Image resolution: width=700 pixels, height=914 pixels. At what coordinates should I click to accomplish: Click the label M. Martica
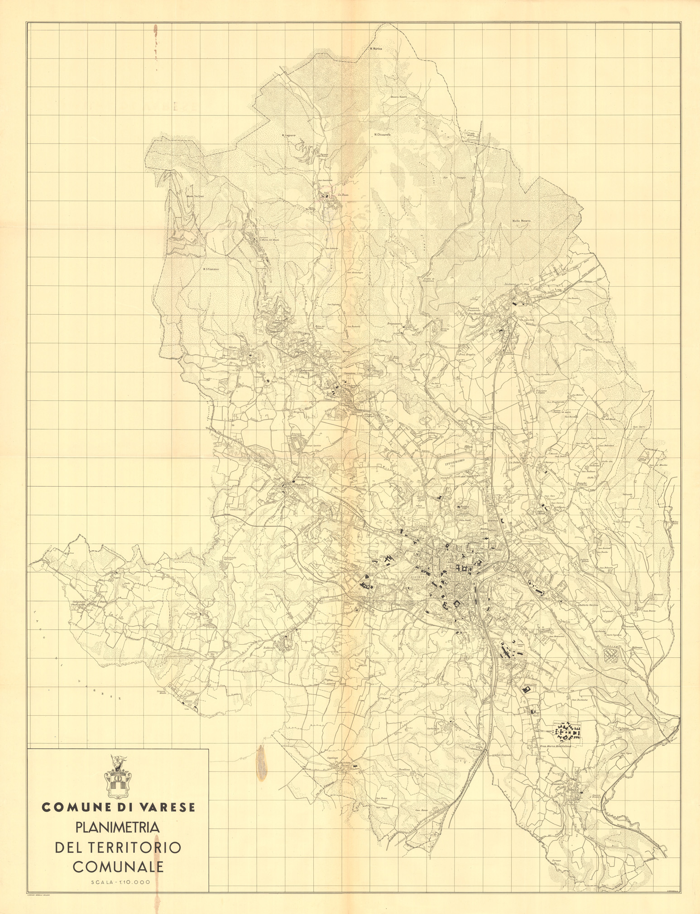coord(376,48)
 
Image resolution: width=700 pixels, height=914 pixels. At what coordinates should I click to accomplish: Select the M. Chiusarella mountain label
coord(383,134)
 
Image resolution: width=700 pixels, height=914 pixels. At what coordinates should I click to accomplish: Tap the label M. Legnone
coord(288,135)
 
